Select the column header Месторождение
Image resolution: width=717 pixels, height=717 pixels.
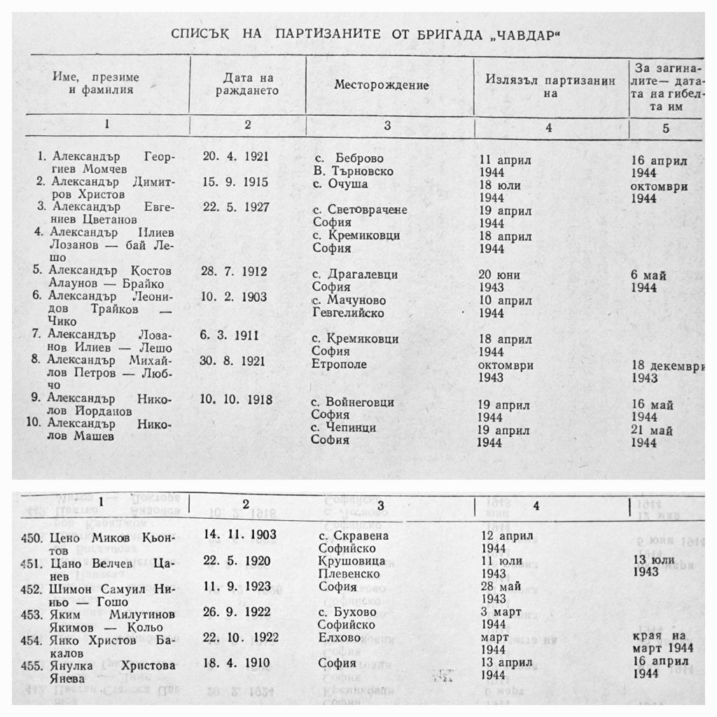pyautogui.click(x=381, y=85)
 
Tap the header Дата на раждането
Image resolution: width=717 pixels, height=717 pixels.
pyautogui.click(x=248, y=84)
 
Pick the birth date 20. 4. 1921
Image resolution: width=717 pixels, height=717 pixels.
pyautogui.click(x=235, y=157)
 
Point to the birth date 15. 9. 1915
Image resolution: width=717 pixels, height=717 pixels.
pyautogui.click(x=235, y=182)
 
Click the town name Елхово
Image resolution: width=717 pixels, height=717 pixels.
pyautogui.click(x=340, y=638)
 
